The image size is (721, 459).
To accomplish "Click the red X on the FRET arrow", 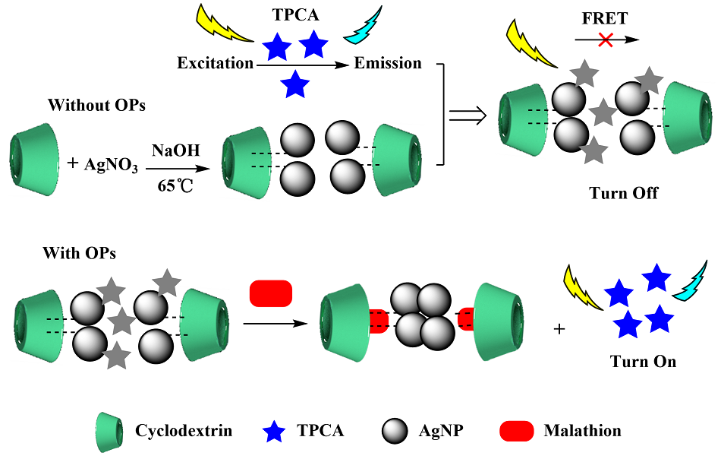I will [605, 40].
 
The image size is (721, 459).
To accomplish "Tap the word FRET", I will [604, 17].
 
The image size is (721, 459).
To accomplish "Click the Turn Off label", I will [623, 193].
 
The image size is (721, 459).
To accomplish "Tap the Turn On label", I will [643, 362].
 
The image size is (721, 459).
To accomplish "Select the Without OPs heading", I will [96, 105].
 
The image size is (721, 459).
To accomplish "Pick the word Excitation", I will [215, 63].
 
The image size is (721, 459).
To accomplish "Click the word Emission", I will [387, 63].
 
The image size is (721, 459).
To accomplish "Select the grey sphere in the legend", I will [396, 431].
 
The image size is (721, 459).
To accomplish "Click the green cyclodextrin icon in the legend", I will [110, 431].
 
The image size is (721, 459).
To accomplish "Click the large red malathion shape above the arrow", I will [271, 293].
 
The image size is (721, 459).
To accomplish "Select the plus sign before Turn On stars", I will [561, 329].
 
